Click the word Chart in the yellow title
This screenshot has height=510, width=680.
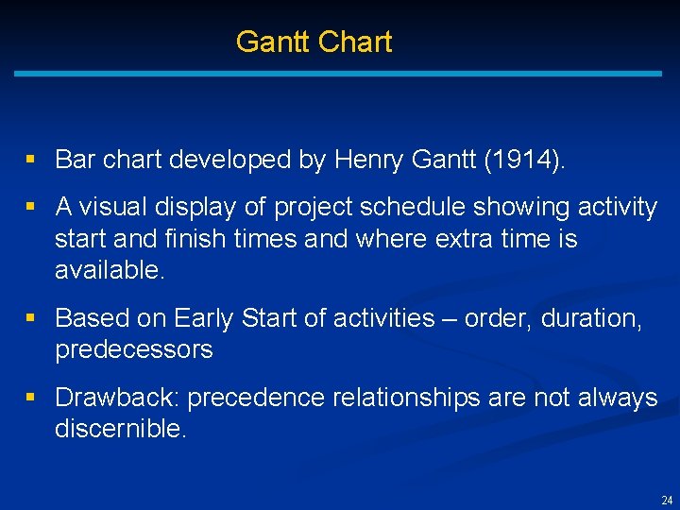(x=355, y=42)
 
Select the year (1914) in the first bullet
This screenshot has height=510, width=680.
(x=525, y=160)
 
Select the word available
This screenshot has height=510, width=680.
(x=110, y=271)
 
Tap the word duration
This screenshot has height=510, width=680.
(x=591, y=318)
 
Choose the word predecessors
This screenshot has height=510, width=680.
(x=134, y=350)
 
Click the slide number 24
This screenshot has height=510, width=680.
(x=667, y=501)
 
